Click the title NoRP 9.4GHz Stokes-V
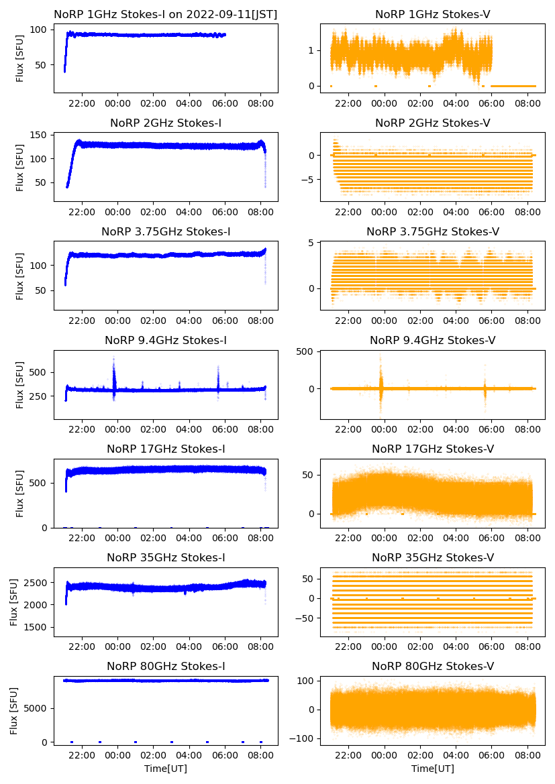click(x=432, y=341)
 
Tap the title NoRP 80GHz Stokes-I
click(x=166, y=666)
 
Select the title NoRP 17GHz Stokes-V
click(x=432, y=449)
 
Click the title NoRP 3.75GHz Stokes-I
click(x=166, y=232)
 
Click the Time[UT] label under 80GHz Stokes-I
click(x=166, y=769)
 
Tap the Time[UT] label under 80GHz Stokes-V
click(x=432, y=769)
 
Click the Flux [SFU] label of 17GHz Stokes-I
click(x=20, y=494)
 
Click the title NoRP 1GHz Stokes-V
click(x=432, y=14)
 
